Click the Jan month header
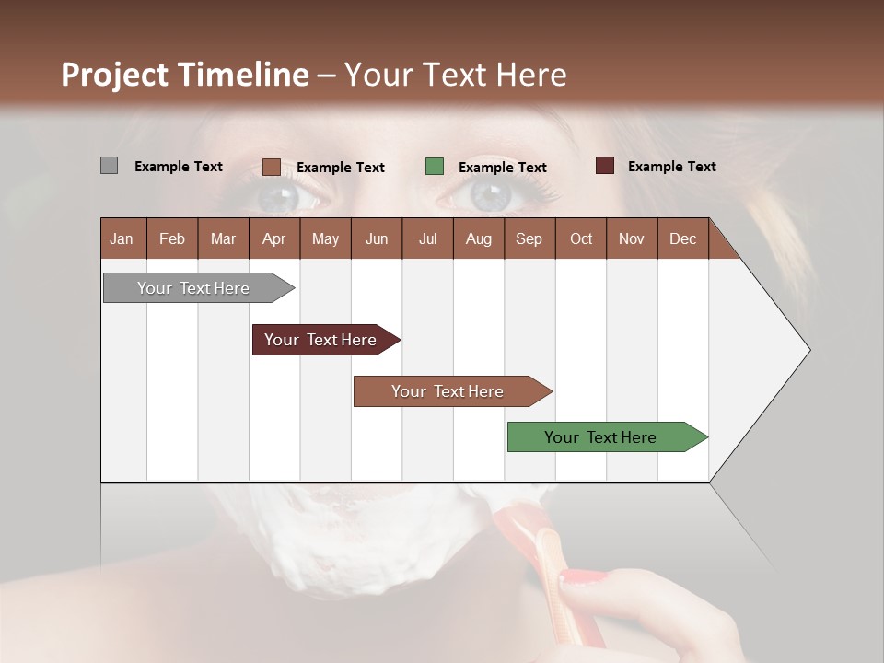(x=122, y=238)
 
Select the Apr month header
(x=273, y=238)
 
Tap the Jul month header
(x=427, y=238)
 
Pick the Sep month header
(x=529, y=238)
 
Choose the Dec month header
(x=682, y=238)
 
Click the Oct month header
(x=581, y=238)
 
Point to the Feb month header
(x=172, y=238)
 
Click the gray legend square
(x=109, y=166)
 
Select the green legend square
(x=435, y=167)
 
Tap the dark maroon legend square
(x=604, y=166)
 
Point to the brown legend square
(x=271, y=167)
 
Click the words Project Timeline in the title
(x=184, y=75)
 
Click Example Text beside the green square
(x=502, y=168)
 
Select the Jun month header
(x=377, y=238)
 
